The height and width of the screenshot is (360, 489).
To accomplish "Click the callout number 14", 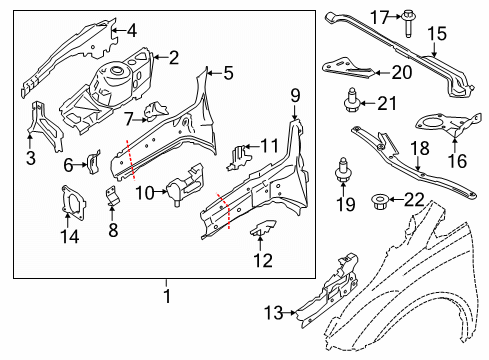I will point(68,237).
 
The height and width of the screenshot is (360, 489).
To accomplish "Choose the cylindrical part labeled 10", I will point(181,187).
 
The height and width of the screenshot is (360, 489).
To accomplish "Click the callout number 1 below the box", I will point(167,295).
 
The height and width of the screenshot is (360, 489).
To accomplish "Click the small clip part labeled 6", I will point(96,160).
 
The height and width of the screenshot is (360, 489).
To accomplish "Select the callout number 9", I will point(294,97).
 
